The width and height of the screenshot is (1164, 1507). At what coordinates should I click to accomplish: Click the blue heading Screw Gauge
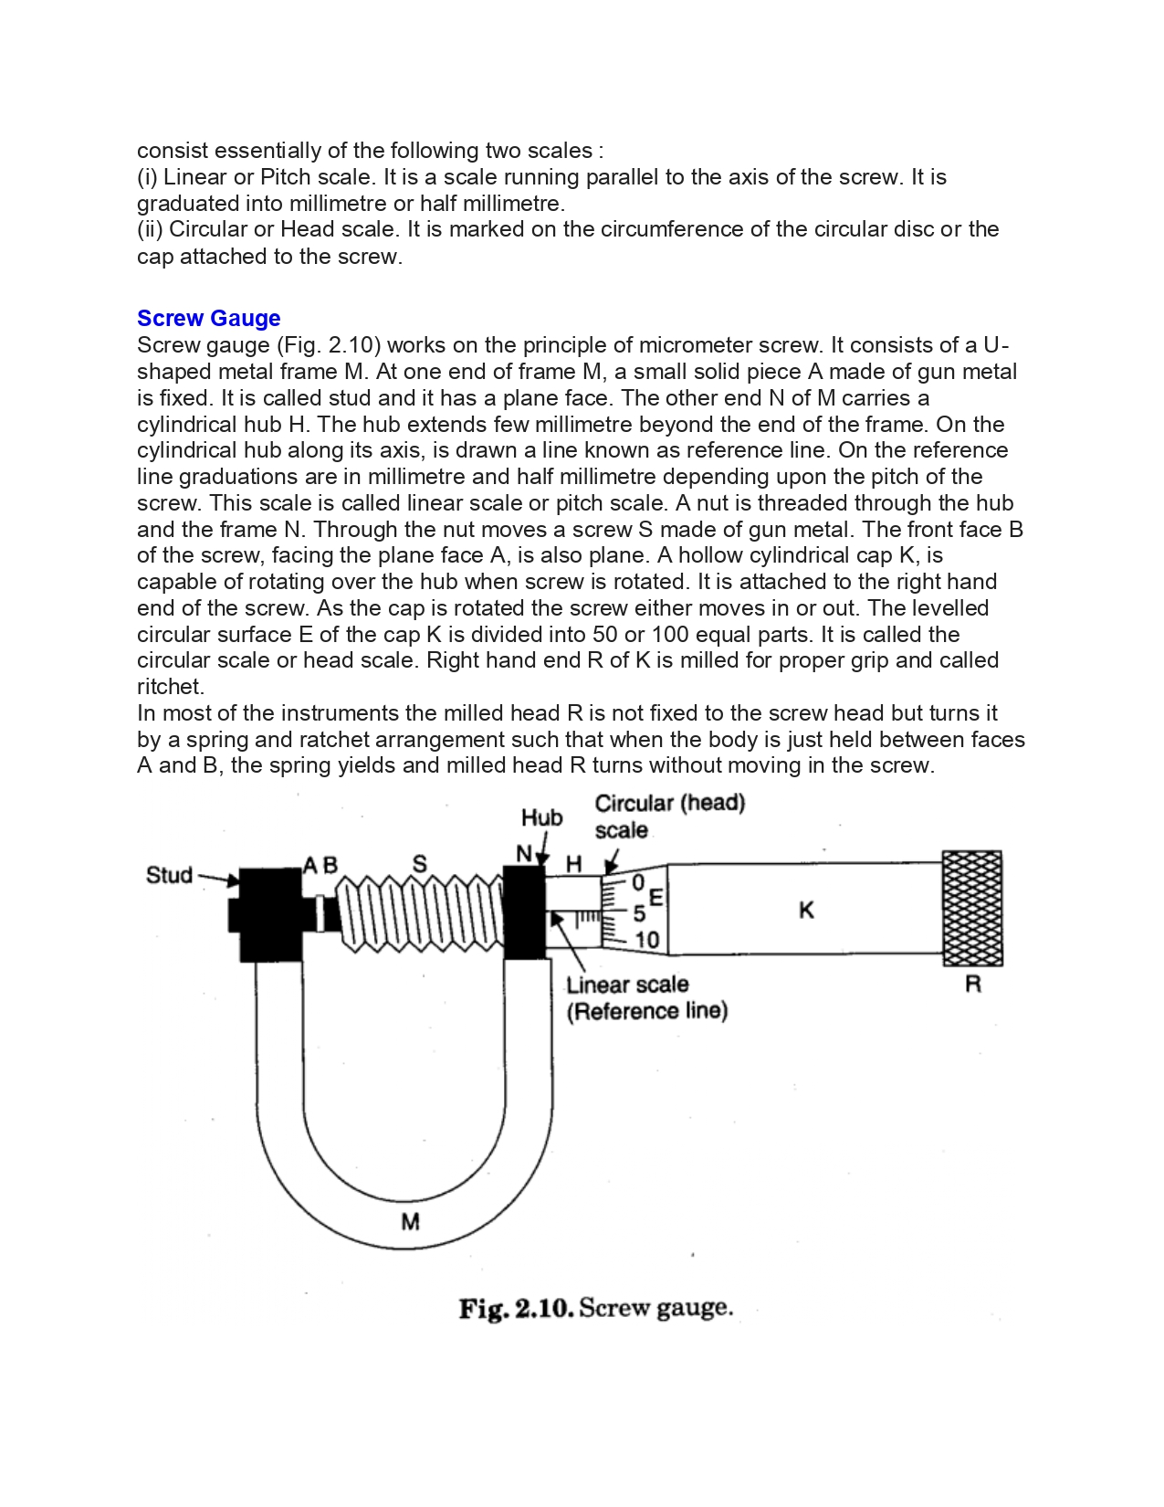tap(208, 319)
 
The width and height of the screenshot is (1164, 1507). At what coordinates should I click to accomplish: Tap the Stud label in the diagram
tap(170, 875)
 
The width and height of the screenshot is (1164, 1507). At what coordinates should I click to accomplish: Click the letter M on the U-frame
tap(410, 1221)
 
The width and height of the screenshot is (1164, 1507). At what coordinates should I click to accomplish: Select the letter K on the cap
tap(805, 910)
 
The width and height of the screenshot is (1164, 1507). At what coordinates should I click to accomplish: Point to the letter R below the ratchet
tap(973, 985)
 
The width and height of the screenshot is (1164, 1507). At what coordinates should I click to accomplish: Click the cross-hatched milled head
tap(972, 908)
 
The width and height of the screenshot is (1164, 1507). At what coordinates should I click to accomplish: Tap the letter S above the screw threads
tap(419, 864)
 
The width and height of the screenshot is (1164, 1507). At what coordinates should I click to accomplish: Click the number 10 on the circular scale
tap(646, 940)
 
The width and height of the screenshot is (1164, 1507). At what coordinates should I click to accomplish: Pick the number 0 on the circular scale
tap(638, 882)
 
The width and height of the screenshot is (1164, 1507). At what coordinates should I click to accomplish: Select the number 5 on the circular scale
tap(639, 912)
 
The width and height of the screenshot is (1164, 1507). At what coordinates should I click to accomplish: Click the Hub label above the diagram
tap(541, 817)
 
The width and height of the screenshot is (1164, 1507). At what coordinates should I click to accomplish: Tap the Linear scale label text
tap(627, 985)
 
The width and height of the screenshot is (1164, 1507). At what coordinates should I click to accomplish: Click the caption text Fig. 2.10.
tap(516, 1308)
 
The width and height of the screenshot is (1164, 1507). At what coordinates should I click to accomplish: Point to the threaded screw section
tap(420, 913)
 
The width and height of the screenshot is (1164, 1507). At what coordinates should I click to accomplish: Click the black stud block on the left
tap(269, 913)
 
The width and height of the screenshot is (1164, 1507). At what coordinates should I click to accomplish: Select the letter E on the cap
tap(655, 897)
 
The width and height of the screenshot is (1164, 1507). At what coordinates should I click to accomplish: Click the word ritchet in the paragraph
tap(169, 687)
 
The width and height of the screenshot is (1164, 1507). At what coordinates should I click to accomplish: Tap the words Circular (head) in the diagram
tap(670, 803)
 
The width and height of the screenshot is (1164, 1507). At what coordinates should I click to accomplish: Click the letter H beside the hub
tap(573, 864)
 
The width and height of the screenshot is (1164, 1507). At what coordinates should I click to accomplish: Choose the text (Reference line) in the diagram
tap(647, 1011)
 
